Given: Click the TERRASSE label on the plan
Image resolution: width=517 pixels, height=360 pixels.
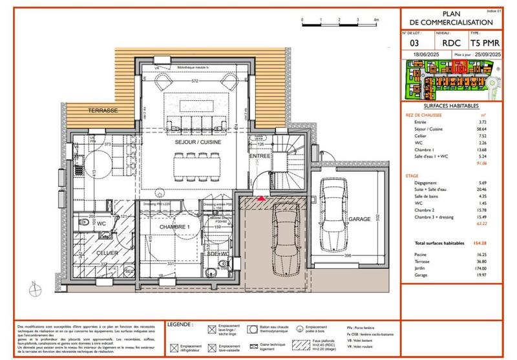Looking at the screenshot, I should click(x=103, y=111).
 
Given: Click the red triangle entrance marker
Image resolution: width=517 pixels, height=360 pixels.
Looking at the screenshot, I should click(x=261, y=199).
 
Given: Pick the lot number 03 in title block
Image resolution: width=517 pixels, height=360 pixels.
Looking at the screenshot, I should click(x=415, y=44).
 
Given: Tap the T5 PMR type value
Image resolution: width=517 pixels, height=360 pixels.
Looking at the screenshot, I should click(x=485, y=44).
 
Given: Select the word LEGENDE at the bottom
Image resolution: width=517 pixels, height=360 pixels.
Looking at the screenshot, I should click(x=179, y=323).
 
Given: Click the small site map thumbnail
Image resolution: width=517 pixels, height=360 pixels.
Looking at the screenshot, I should click(x=451, y=81).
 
